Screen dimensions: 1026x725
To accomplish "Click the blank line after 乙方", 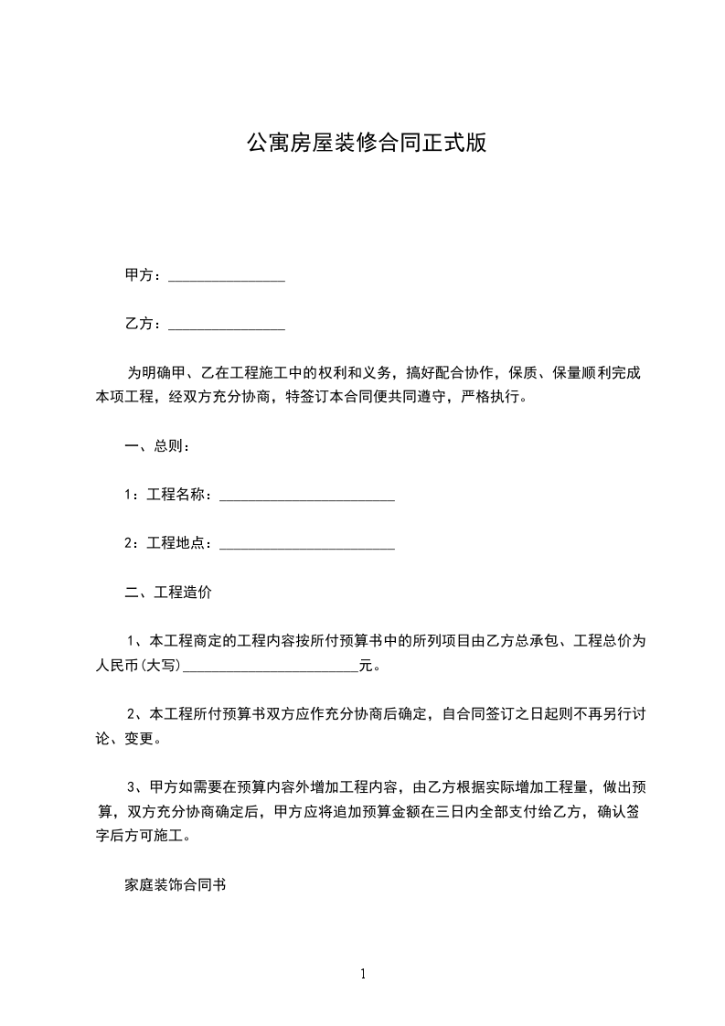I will tap(227, 326).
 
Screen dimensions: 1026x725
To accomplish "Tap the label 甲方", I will tap(138, 275).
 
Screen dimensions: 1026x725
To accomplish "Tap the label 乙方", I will tap(138, 324).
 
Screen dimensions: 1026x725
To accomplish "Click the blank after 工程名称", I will tap(307, 497).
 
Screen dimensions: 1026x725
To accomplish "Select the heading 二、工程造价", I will tap(168, 592).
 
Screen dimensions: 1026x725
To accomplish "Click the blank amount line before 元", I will tap(272, 668).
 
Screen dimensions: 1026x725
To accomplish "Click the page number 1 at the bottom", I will tap(363, 974).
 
